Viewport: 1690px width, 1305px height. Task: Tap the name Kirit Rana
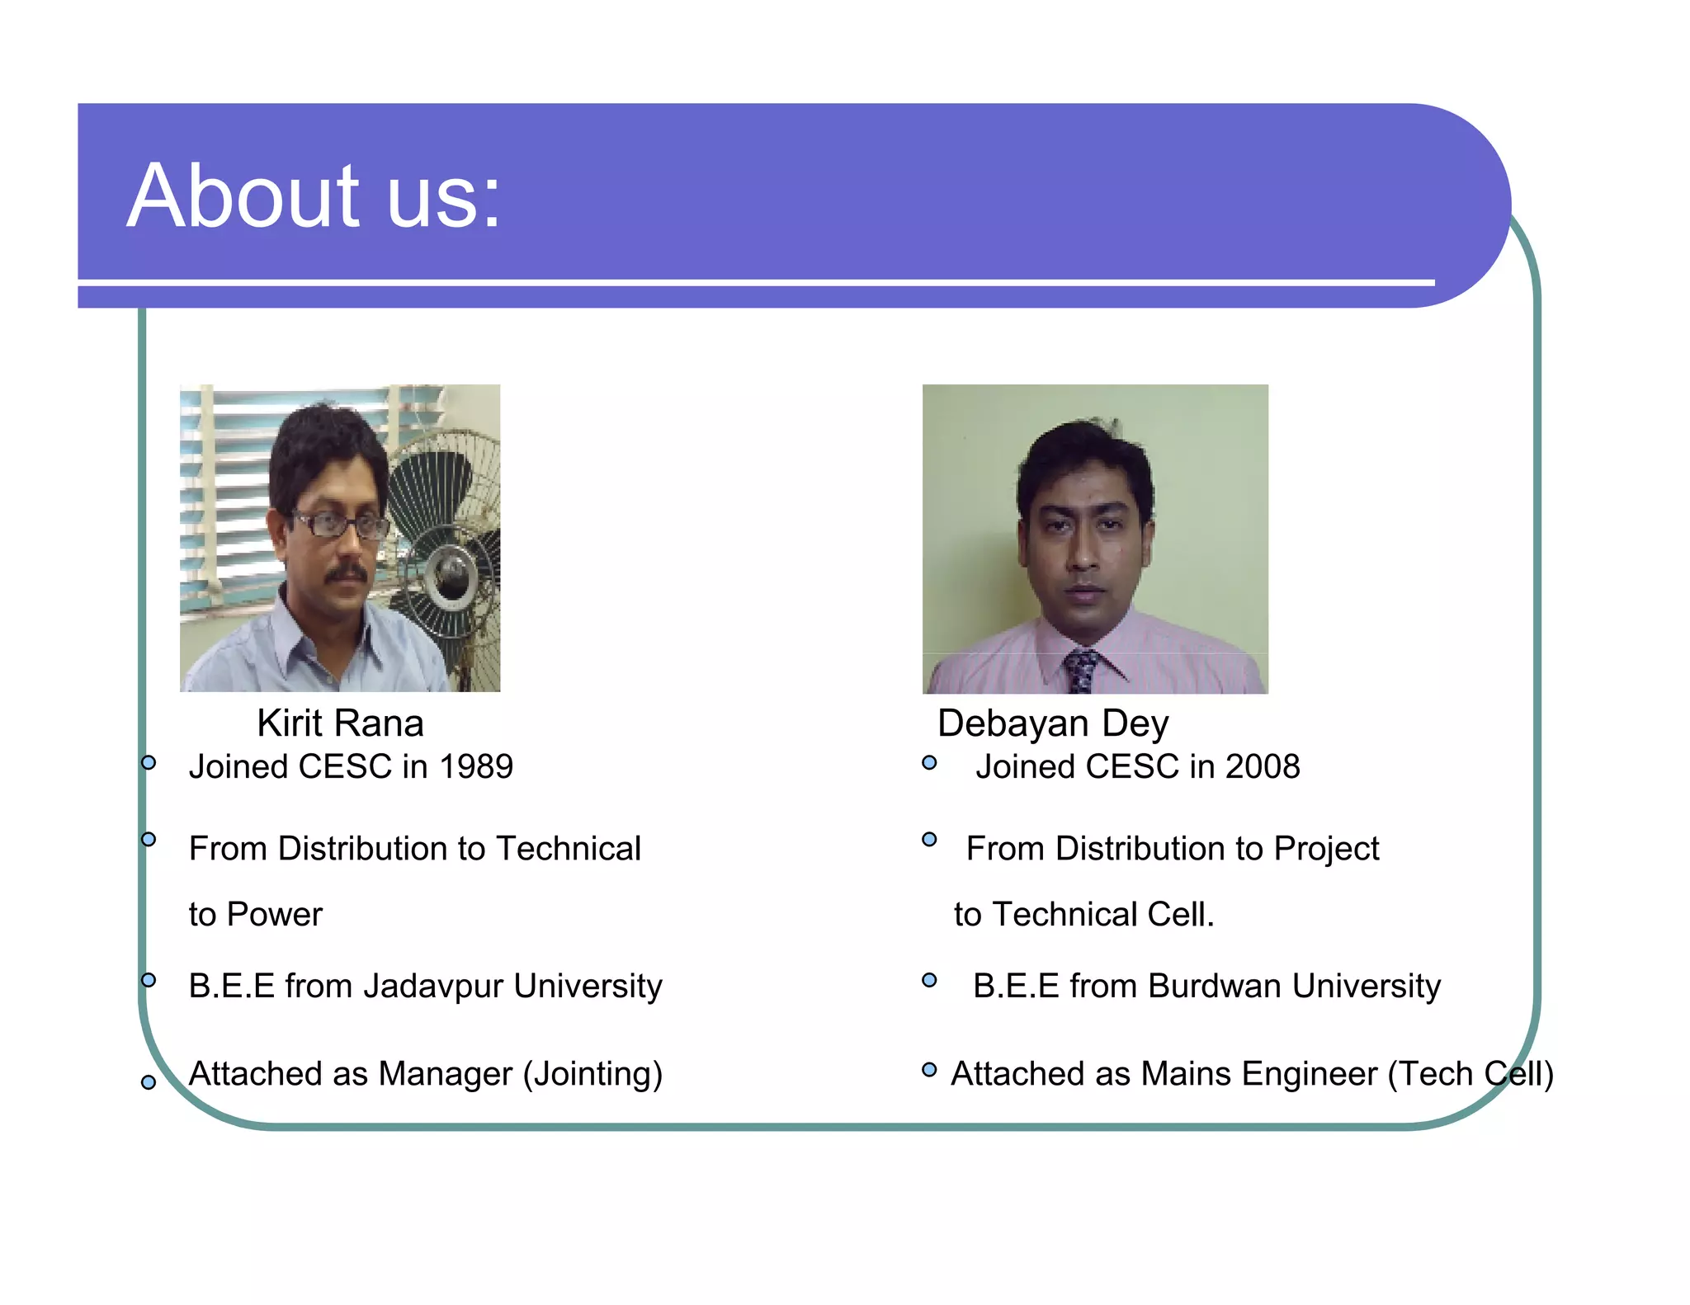pos(340,723)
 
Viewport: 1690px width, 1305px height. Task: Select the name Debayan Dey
pos(1053,723)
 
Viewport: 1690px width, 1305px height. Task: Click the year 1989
pos(476,767)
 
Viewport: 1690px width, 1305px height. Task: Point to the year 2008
pos(1263,767)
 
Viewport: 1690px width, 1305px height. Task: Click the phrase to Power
pos(255,915)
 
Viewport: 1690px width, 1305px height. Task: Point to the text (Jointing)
pos(592,1074)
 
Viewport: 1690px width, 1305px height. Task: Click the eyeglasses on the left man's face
pos(338,525)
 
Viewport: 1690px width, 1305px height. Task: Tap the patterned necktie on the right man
pos(1080,671)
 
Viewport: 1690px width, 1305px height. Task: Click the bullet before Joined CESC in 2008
pos(929,763)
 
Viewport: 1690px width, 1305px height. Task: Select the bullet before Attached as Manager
pos(149,1082)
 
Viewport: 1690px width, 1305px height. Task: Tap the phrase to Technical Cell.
pos(1083,915)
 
